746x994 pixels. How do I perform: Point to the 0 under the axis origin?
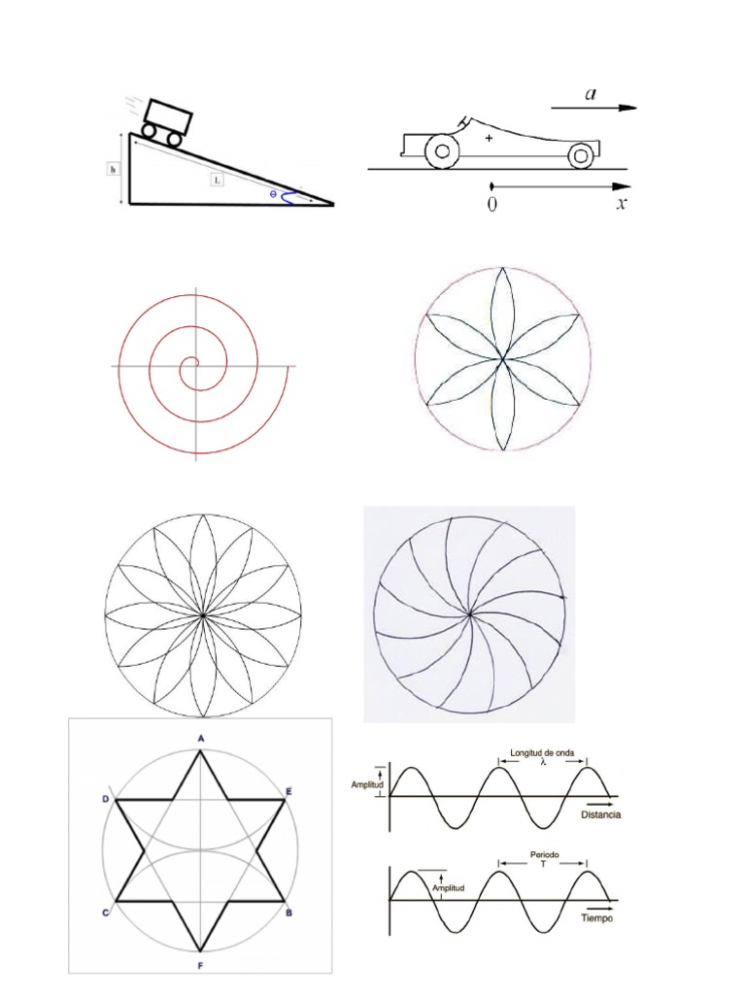click(493, 205)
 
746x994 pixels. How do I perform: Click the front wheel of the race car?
click(581, 153)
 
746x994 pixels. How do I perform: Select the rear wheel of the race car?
click(443, 151)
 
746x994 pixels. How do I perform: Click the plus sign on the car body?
click(489, 140)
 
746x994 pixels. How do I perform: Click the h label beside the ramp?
click(113, 168)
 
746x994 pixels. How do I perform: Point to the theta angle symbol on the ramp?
click(274, 194)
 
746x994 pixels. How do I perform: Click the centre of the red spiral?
click(194, 365)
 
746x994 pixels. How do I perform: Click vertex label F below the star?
click(201, 967)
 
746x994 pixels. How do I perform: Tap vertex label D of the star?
click(105, 798)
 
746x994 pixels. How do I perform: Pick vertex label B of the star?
click(289, 912)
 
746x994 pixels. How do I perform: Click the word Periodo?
click(544, 855)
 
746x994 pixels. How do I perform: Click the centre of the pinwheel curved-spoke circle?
click(470, 613)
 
